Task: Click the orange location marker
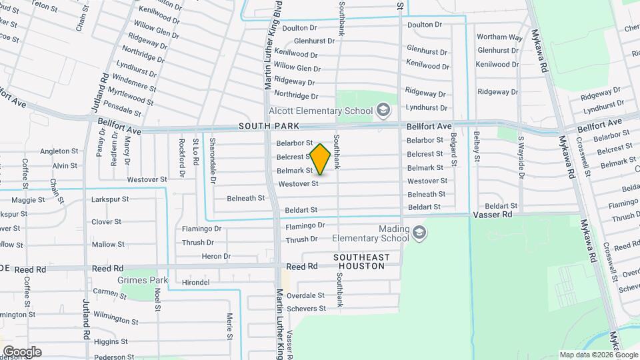321,159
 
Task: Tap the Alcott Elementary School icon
383,109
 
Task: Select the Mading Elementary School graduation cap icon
419,233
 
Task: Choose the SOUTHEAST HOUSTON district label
361,261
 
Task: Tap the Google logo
22,352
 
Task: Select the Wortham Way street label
499,37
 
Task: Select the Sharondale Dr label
213,161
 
